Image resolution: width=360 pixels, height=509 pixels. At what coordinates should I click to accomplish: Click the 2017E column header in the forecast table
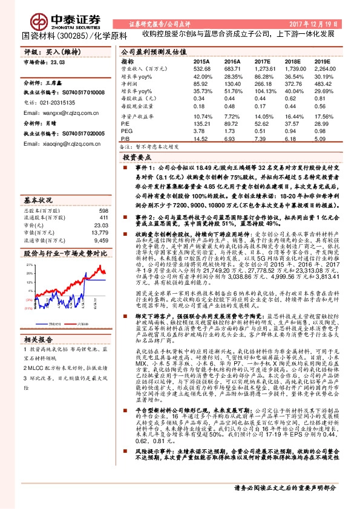(x=262, y=62)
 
